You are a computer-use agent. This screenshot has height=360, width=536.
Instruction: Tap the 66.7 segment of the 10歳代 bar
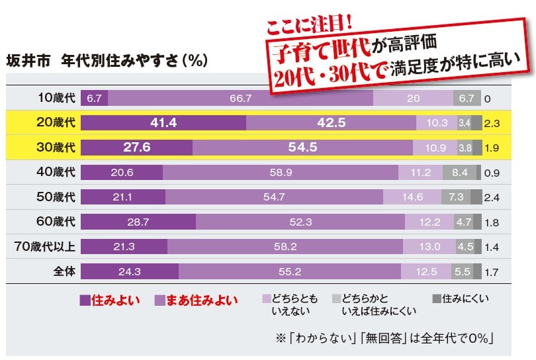tap(240, 98)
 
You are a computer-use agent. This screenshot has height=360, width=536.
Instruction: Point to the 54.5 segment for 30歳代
tap(302, 147)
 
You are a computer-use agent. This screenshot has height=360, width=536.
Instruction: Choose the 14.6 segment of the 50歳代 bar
tap(412, 197)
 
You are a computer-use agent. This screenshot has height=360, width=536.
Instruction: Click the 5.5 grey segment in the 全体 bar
tap(461, 271)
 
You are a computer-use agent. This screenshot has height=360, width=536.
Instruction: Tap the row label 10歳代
tap(57, 98)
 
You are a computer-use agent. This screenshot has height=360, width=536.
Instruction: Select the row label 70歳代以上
tap(46, 246)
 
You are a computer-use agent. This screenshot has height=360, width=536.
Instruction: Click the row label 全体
tap(64, 271)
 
